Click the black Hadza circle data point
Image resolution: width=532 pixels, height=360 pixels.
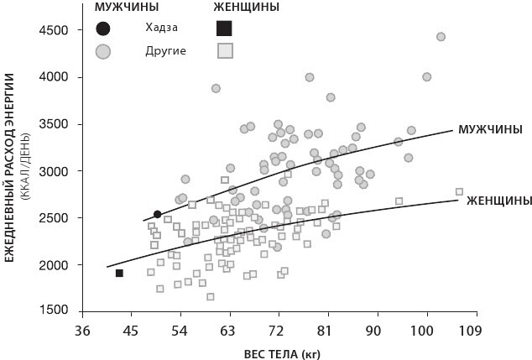pyautogui.click(x=157, y=215)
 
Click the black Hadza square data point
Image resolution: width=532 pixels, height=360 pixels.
pyautogui.click(x=119, y=274)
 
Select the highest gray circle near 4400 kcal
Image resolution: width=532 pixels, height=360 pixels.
pyautogui.click(x=441, y=37)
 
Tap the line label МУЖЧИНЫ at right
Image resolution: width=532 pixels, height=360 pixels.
pyautogui.click(x=489, y=129)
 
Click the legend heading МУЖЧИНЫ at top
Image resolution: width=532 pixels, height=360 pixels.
pyautogui.click(x=126, y=8)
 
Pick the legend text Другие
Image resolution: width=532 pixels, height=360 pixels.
pyautogui.click(x=165, y=50)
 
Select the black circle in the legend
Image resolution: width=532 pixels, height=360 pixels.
pyautogui.click(x=103, y=29)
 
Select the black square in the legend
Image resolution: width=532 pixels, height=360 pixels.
pyautogui.click(x=225, y=29)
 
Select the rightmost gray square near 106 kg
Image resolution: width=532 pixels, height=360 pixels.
pyautogui.click(x=459, y=192)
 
